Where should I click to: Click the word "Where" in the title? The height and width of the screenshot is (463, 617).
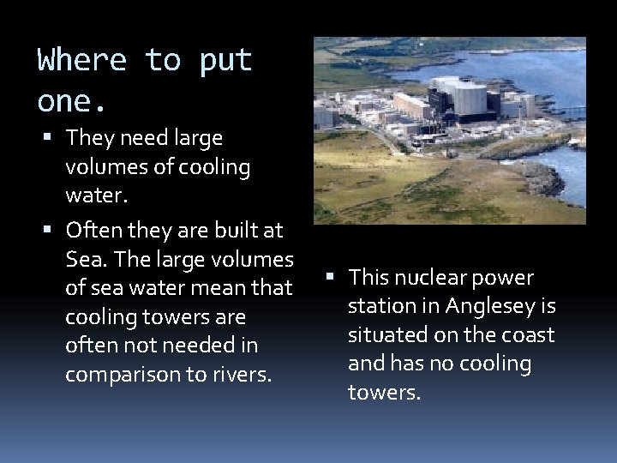coord(82,61)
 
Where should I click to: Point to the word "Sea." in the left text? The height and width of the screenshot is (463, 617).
coord(87,259)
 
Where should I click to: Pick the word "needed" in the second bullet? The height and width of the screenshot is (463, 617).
coord(195,345)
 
